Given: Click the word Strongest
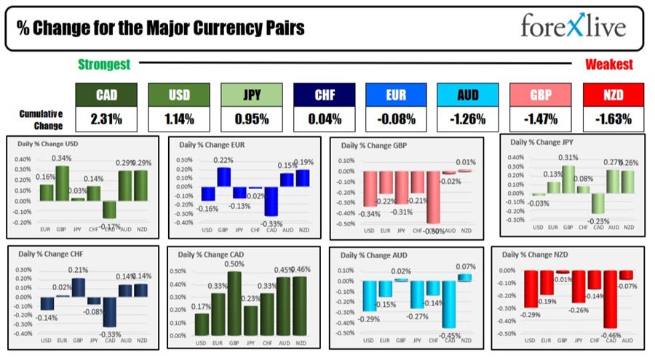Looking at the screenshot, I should pos(104,65).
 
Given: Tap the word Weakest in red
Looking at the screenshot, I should pos(609,65).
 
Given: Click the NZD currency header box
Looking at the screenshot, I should pos(614,94).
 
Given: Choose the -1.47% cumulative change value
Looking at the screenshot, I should pos(541,119).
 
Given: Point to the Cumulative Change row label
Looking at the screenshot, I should pos(41,119).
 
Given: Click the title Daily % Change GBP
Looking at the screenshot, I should pos(370,145).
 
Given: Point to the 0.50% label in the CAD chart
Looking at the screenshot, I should pos(234,264).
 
